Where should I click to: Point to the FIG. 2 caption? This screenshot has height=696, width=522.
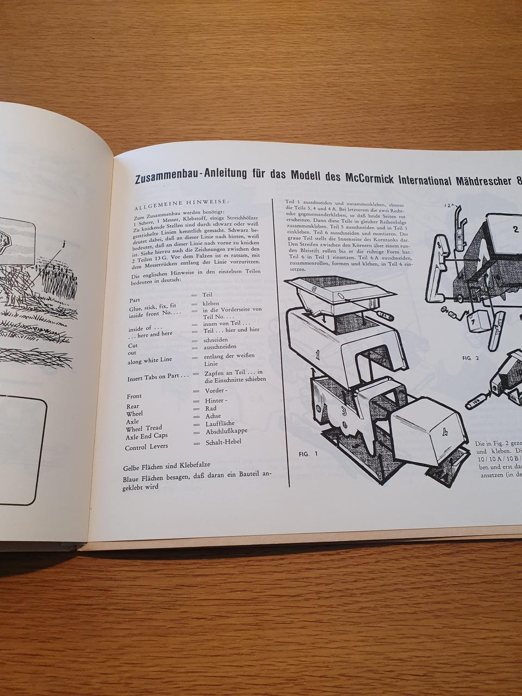[469, 358]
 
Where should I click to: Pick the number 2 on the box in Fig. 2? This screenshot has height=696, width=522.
[516, 229]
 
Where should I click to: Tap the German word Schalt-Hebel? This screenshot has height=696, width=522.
[222, 442]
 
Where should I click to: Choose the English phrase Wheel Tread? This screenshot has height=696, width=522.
[144, 428]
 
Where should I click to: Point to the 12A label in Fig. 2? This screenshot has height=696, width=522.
[450, 207]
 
